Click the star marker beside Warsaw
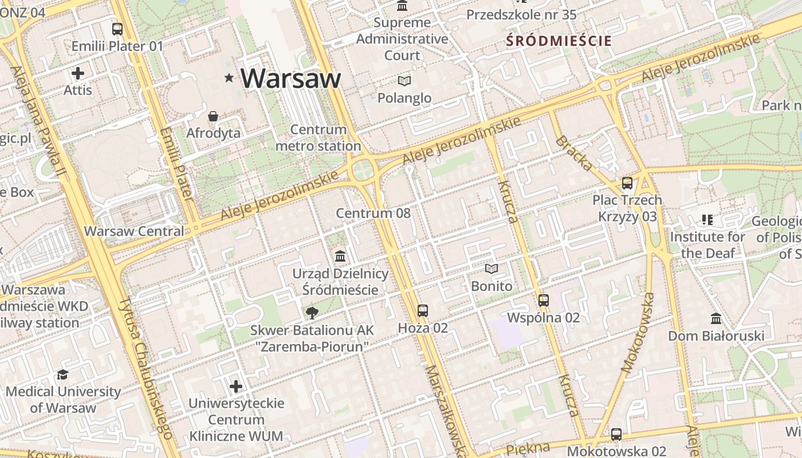pos(229,77)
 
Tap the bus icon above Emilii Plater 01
pos(117,29)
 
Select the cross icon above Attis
pos(78,73)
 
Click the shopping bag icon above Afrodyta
pos(213,116)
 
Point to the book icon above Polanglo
pos(404,81)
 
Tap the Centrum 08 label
pos(373,214)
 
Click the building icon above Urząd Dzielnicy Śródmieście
pos(340,255)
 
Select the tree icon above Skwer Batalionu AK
pos(312,313)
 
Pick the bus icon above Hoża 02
pos(423,311)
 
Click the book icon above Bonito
pos(492,268)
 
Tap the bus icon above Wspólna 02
pos(544,300)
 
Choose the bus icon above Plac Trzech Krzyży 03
pos(627,183)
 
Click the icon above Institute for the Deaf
pos(707,219)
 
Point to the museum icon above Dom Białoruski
pos(716,318)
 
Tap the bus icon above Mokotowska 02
pos(616,435)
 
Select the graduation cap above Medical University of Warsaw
pos(62,374)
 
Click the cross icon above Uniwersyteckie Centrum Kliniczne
pos(236,386)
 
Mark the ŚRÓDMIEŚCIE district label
pos(559,41)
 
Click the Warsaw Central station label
pos(134,231)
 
